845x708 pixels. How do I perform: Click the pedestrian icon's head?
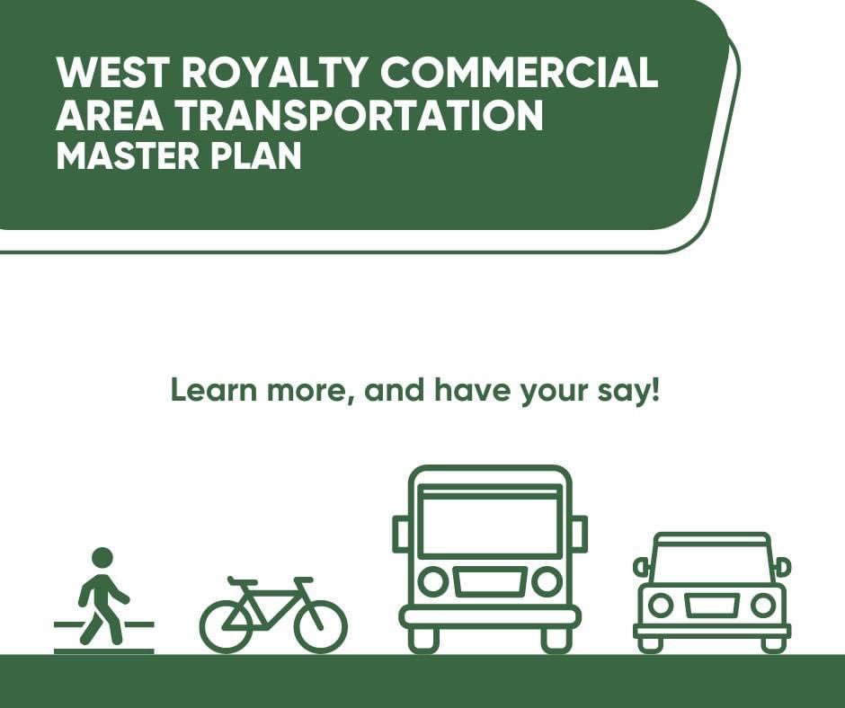click(x=102, y=557)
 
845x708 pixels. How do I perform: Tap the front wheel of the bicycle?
click(x=321, y=625)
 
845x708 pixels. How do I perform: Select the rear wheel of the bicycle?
click(x=227, y=625)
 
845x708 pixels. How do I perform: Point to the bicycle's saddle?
click(x=242, y=581)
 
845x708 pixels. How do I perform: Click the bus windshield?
click(x=490, y=524)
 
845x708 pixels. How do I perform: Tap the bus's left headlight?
click(x=433, y=582)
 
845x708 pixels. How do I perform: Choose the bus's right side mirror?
click(x=580, y=533)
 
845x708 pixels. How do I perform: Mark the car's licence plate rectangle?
click(x=711, y=605)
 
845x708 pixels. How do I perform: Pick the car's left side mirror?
click(x=641, y=567)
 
